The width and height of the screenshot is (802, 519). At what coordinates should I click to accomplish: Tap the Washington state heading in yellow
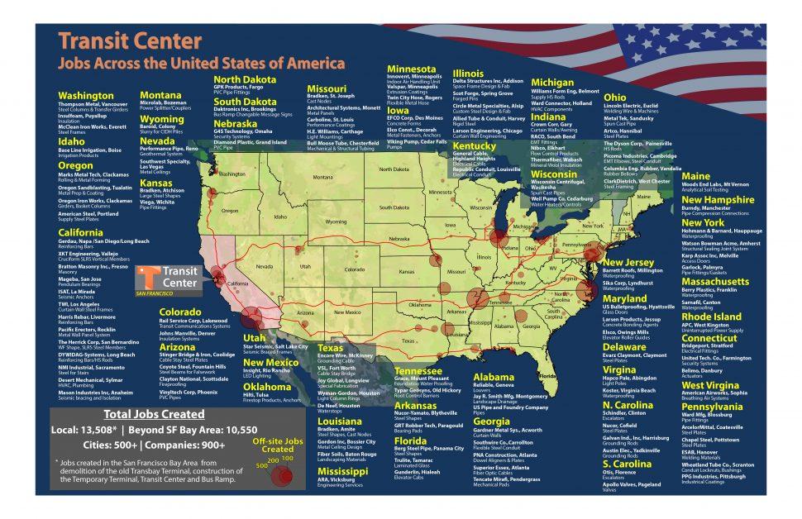pyautogui.click(x=87, y=96)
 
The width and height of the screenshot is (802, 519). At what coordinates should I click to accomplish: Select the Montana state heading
pyautogui.click(x=160, y=95)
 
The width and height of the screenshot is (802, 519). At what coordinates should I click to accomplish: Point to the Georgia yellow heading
pyautogui.click(x=493, y=421)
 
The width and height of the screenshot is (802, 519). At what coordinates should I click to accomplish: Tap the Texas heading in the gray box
pyautogui.click(x=331, y=348)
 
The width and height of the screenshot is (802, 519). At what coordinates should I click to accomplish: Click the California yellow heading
pyautogui.click(x=80, y=233)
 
